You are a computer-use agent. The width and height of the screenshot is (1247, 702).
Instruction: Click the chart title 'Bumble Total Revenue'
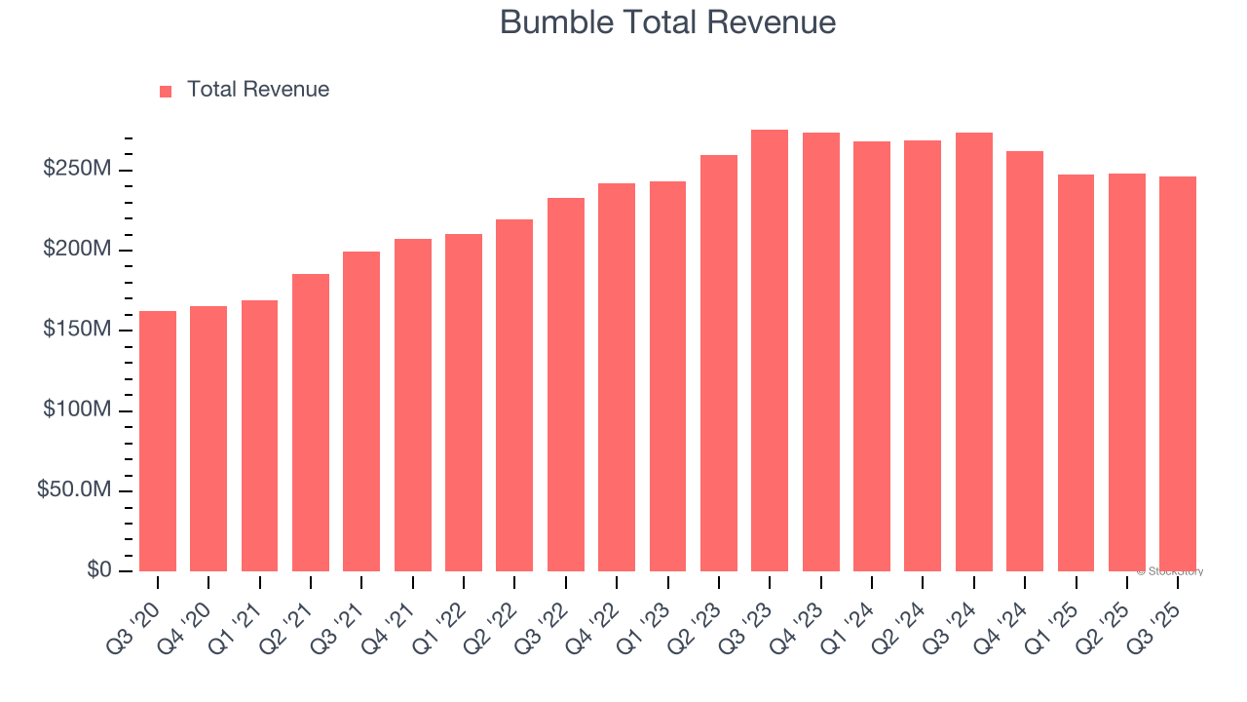(667, 22)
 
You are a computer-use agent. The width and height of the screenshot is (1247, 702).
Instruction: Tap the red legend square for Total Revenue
(166, 91)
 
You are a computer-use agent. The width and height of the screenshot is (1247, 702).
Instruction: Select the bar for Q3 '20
(158, 441)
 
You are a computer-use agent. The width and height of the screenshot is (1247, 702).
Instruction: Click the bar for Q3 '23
(770, 350)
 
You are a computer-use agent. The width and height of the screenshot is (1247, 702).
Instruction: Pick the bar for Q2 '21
(311, 422)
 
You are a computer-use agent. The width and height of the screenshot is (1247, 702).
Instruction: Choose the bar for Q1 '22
(464, 402)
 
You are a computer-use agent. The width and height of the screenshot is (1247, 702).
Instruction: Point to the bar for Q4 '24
(1025, 361)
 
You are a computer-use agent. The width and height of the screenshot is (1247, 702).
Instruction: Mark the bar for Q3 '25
(1178, 373)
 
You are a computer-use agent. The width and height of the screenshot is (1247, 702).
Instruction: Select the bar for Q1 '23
(668, 375)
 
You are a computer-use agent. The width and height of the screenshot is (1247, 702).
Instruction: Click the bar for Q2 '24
(923, 356)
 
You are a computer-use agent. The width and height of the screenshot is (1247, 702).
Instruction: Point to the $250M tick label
(77, 170)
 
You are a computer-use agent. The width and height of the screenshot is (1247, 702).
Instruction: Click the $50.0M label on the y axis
(74, 489)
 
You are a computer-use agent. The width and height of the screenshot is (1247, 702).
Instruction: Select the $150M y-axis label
(77, 330)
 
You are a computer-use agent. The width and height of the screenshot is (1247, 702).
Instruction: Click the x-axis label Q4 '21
(399, 614)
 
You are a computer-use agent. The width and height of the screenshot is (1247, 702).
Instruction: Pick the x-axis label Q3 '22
(552, 614)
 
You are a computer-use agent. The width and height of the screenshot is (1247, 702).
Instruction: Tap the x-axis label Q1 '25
(1062, 614)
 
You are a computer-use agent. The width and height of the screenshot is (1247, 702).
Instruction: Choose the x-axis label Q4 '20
(195, 614)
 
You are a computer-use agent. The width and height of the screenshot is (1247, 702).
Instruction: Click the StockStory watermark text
(1170, 571)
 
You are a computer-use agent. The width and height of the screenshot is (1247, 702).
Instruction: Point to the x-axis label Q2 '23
(705, 614)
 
